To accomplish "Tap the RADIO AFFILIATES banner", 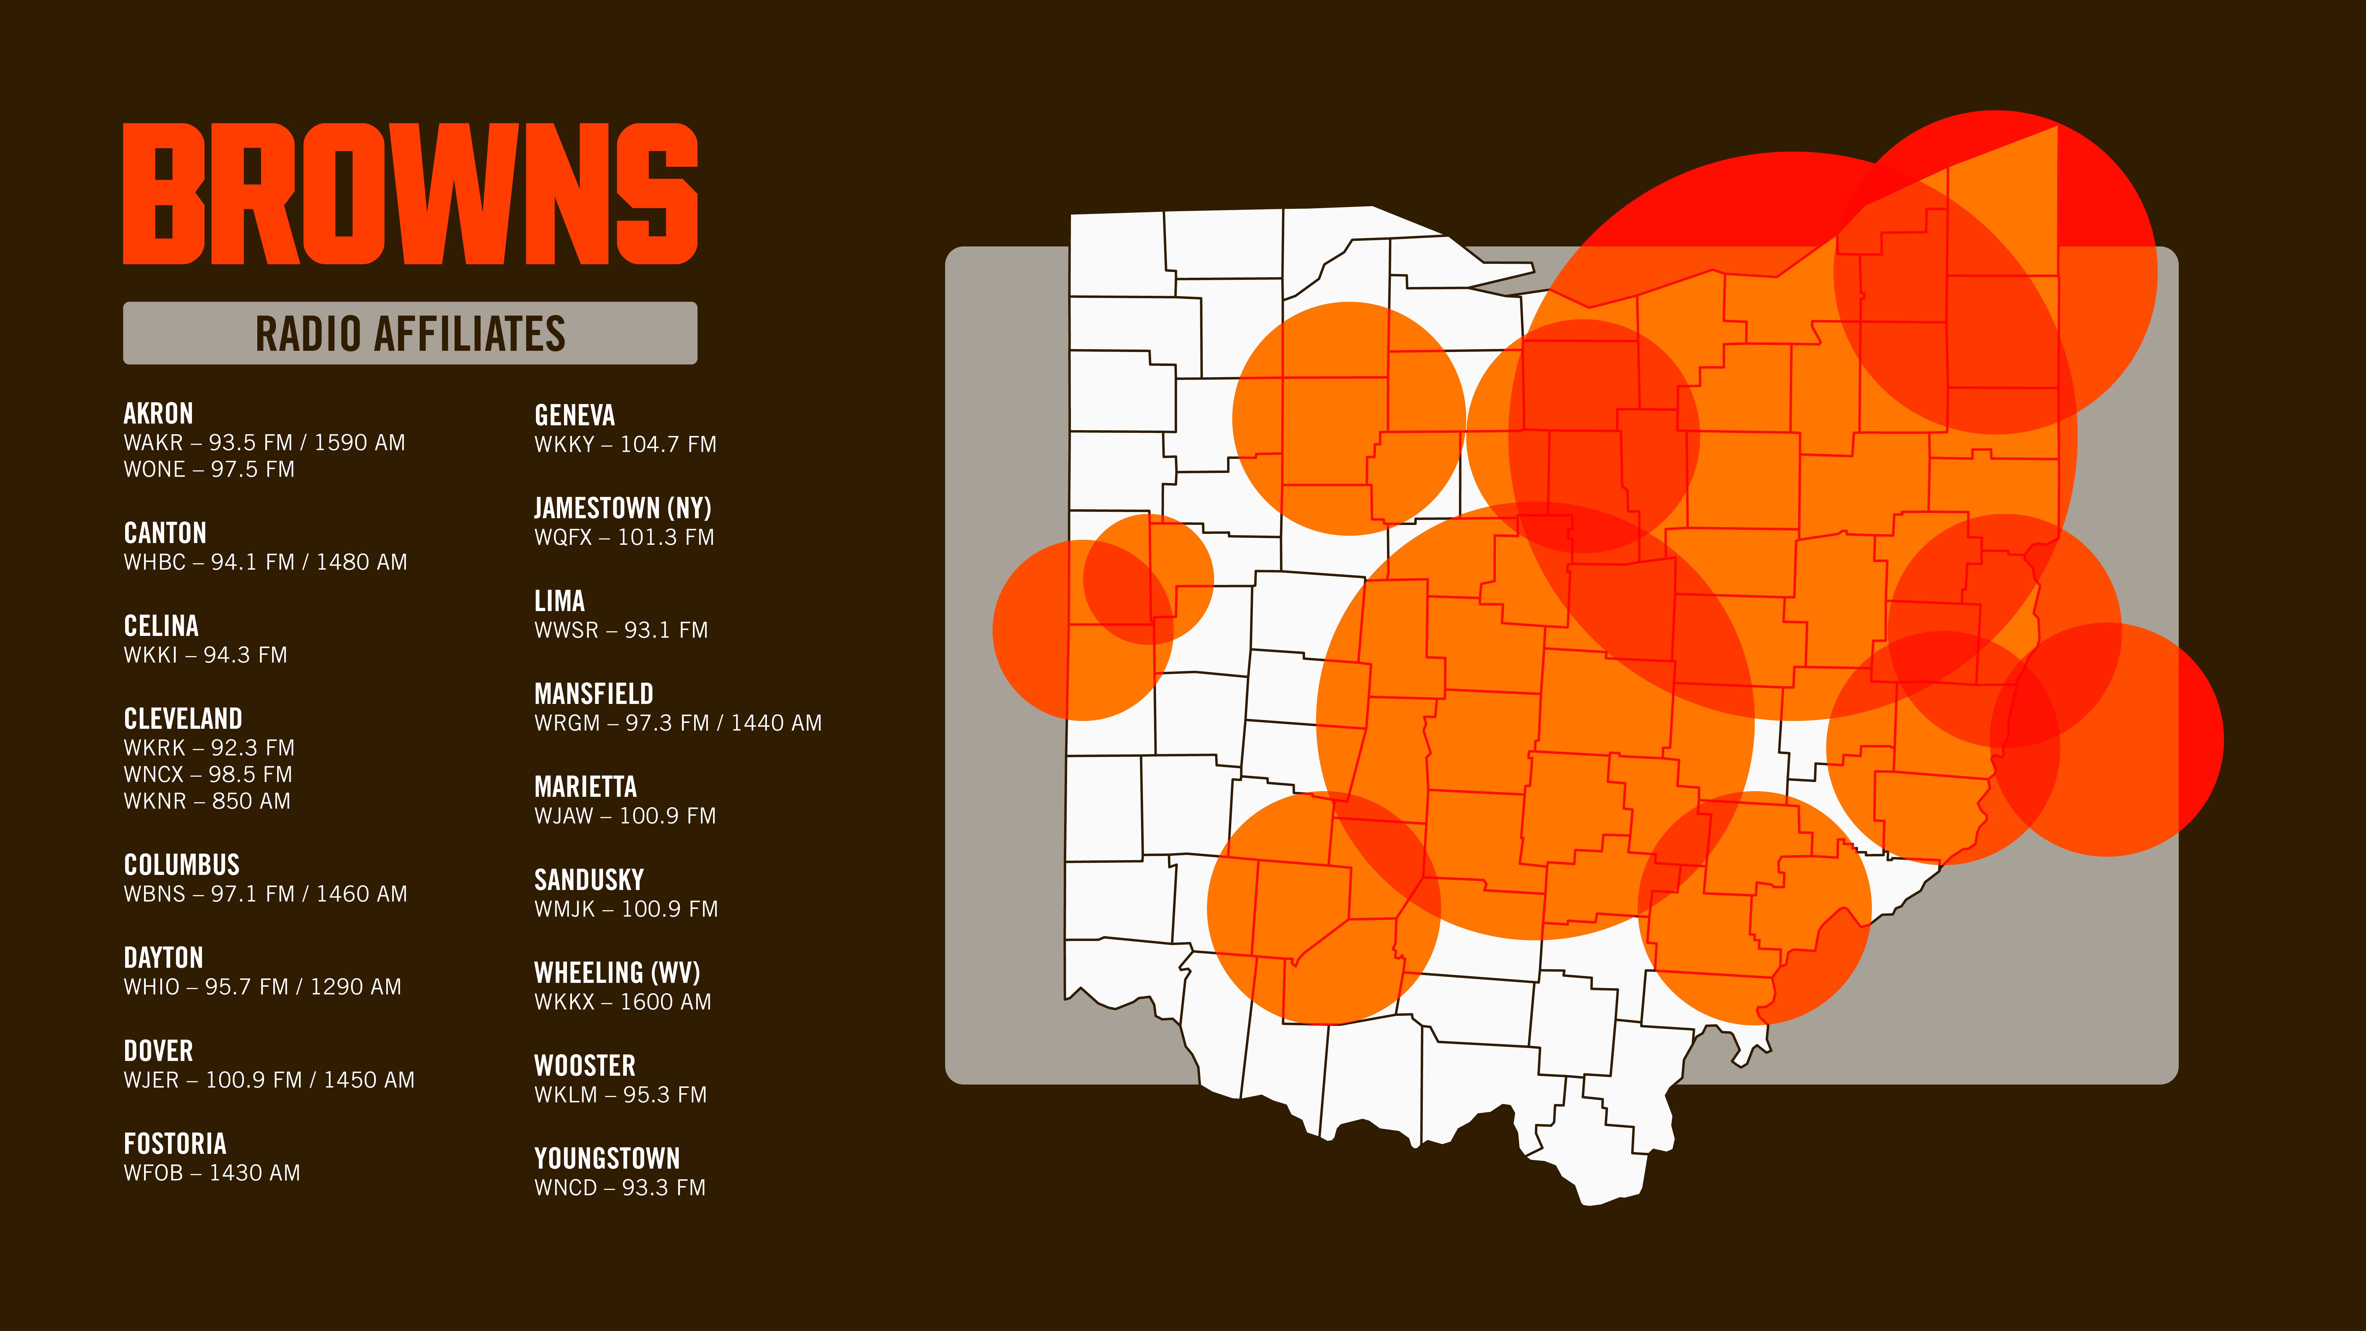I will pyautogui.click(x=411, y=333).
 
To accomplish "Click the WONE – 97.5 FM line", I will pyautogui.click(x=209, y=469).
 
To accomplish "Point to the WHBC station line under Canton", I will pyautogui.click(x=266, y=562).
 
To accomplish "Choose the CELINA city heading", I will pyautogui.click(x=161, y=626).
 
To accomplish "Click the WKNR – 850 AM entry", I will pyautogui.click(x=208, y=801).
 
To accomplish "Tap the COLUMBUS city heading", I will pyautogui.click(x=182, y=865).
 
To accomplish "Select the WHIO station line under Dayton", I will pyautogui.click(x=263, y=986).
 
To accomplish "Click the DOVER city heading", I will pyautogui.click(x=158, y=1051).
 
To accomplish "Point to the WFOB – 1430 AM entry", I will pyautogui.click(x=212, y=1173).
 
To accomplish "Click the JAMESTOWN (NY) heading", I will pyautogui.click(x=623, y=508).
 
